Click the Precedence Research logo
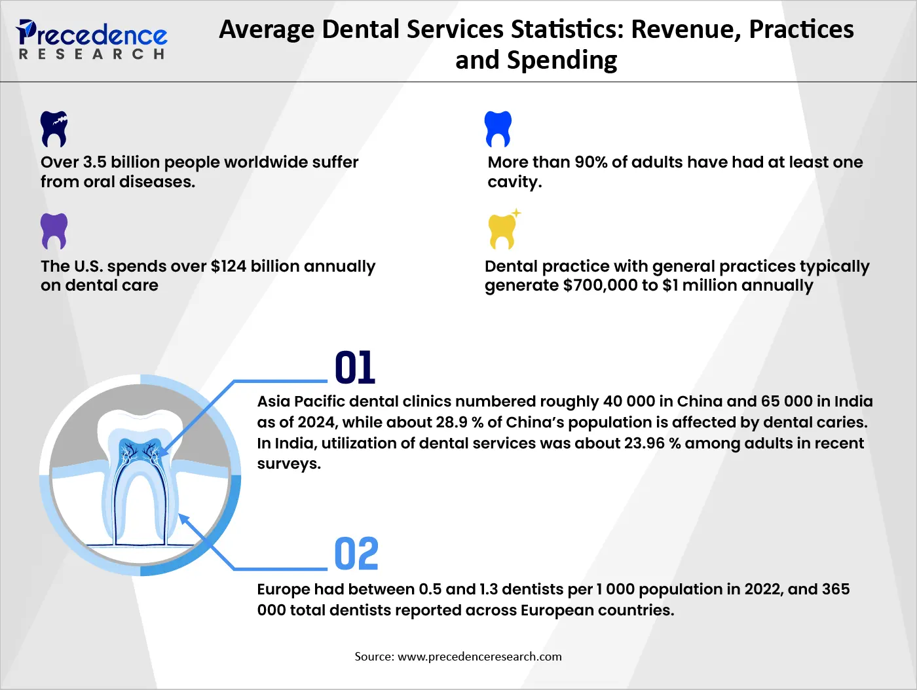[92, 39]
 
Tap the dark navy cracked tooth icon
[54, 128]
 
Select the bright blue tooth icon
[498, 128]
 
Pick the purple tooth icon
[54, 230]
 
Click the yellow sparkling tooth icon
[503, 231]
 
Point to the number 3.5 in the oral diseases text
[94, 162]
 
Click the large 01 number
[354, 368]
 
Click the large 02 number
[356, 554]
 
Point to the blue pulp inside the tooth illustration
[140, 452]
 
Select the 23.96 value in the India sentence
[645, 443]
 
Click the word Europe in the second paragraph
[284, 589]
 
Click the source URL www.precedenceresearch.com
[479, 657]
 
